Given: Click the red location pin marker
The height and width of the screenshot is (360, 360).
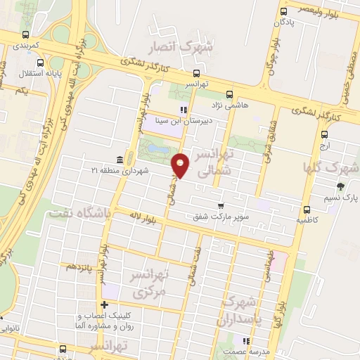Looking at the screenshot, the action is (181, 166).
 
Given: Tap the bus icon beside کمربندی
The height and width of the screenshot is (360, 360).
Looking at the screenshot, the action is (26, 34).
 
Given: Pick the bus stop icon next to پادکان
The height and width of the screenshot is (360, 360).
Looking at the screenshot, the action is (283, 12).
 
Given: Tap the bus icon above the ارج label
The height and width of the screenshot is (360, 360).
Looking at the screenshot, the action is (323, 134).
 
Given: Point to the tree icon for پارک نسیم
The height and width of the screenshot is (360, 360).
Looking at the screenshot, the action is (340, 186).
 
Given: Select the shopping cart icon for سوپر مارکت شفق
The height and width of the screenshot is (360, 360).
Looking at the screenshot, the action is (221, 206).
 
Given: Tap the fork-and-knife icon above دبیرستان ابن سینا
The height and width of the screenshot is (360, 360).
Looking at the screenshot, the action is (184, 109).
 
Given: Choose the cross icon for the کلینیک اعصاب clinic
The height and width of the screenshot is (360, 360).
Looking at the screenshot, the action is (104, 305).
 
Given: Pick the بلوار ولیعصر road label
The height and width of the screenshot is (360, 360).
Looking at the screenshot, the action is (323, 9).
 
